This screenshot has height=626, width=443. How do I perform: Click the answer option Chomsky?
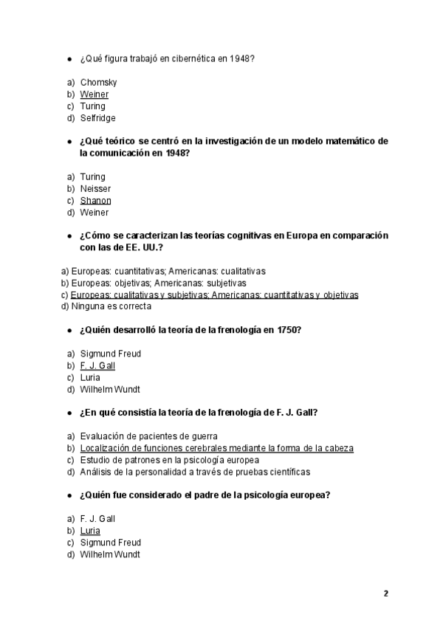click(x=98, y=83)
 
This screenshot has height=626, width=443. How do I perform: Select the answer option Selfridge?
click(x=97, y=118)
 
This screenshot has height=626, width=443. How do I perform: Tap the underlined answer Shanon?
click(x=95, y=201)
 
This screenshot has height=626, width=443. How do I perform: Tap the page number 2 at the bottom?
click(x=385, y=594)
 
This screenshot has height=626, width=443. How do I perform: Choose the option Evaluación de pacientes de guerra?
click(x=148, y=436)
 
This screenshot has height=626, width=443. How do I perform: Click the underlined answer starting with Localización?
click(x=216, y=448)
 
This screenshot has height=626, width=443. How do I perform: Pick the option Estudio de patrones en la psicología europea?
click(x=169, y=460)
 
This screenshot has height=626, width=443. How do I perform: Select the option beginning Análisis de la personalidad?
click(x=195, y=472)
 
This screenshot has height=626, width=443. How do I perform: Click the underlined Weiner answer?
click(x=94, y=94)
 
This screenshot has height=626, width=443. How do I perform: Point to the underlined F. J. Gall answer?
click(x=97, y=365)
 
